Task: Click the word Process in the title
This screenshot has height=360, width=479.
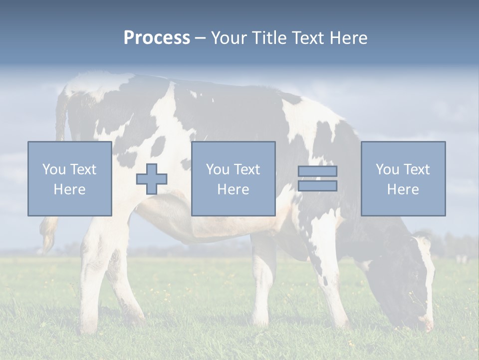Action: click(x=157, y=38)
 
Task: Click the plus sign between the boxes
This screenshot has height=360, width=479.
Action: click(x=152, y=179)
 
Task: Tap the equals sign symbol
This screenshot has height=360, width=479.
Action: click(x=317, y=178)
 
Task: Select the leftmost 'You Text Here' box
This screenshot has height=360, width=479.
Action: click(x=70, y=178)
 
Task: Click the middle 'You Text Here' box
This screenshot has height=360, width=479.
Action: click(x=233, y=178)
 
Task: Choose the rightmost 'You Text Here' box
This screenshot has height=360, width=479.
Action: click(x=403, y=178)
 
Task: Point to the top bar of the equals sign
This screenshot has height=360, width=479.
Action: click(x=317, y=171)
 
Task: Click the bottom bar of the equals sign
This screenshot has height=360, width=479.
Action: click(x=317, y=186)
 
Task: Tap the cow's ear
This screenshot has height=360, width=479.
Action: click(x=422, y=242)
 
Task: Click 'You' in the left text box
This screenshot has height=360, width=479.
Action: click(x=54, y=169)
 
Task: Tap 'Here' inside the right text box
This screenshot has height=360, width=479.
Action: click(x=403, y=189)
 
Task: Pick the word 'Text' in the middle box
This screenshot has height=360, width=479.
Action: click(x=247, y=169)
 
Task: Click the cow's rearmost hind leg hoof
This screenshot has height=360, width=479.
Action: click(x=89, y=327)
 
